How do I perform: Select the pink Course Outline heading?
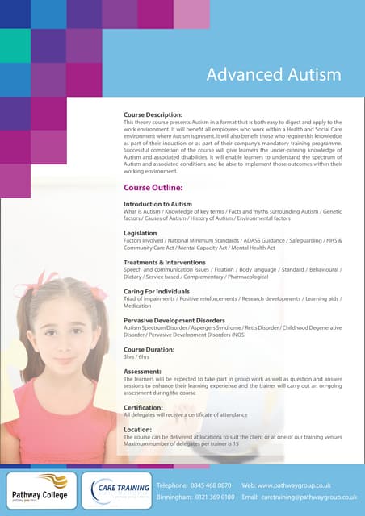[153, 187]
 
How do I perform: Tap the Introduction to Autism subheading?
[157, 205]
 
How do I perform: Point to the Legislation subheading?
[140, 233]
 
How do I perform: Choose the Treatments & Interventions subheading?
[165, 262]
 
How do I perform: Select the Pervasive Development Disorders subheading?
[174, 320]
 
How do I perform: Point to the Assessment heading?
[142, 372]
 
